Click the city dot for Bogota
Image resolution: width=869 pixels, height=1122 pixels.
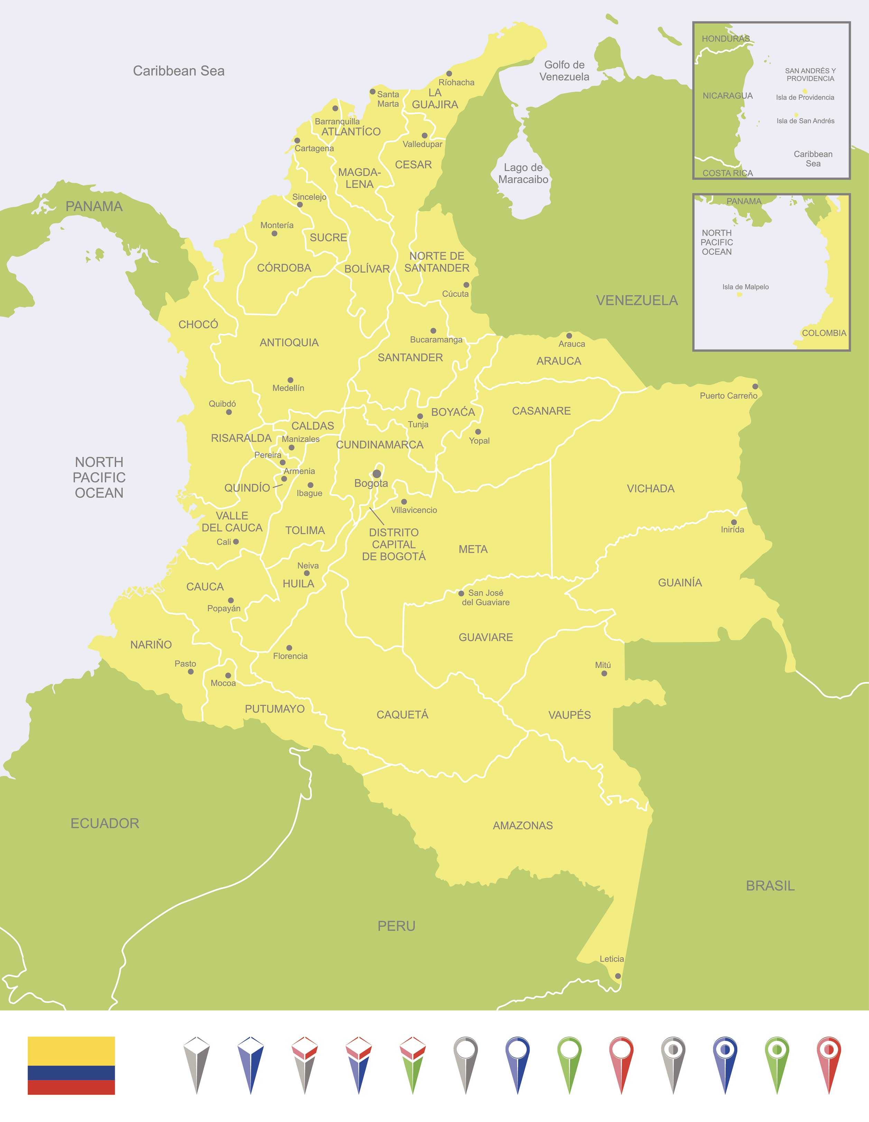pyautogui.click(x=377, y=474)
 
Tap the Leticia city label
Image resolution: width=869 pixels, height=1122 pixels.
pyautogui.click(x=611, y=959)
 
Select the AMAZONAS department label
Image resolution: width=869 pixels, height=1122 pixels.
pyautogui.click(x=523, y=826)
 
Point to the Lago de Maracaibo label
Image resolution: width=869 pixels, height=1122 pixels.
pyautogui.click(x=523, y=174)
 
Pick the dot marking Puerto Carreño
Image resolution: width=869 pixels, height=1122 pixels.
pyautogui.click(x=755, y=386)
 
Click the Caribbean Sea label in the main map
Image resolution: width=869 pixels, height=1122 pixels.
pyautogui.click(x=178, y=71)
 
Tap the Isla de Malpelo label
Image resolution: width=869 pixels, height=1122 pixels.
pyautogui.click(x=745, y=287)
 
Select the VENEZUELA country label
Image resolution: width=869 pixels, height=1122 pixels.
pyautogui.click(x=637, y=301)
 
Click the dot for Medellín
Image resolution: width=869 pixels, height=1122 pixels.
pyautogui.click(x=290, y=380)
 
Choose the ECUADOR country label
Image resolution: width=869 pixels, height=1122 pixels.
pyautogui.click(x=105, y=823)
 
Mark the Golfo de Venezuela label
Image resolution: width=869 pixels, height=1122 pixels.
pyautogui.click(x=564, y=71)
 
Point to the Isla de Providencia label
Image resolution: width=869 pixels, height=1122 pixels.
pyautogui.click(x=805, y=97)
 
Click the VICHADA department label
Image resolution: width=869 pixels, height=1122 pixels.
pyautogui.click(x=651, y=489)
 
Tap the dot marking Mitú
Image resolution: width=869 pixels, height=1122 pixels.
pyautogui.click(x=604, y=673)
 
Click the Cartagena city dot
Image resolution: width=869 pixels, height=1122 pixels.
pyautogui.click(x=297, y=141)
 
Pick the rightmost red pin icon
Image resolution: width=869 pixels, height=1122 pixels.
pyautogui.click(x=829, y=1063)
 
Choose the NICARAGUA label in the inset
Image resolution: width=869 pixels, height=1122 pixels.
pyautogui.click(x=727, y=96)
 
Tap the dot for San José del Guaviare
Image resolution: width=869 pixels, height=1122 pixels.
pyautogui.click(x=461, y=593)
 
